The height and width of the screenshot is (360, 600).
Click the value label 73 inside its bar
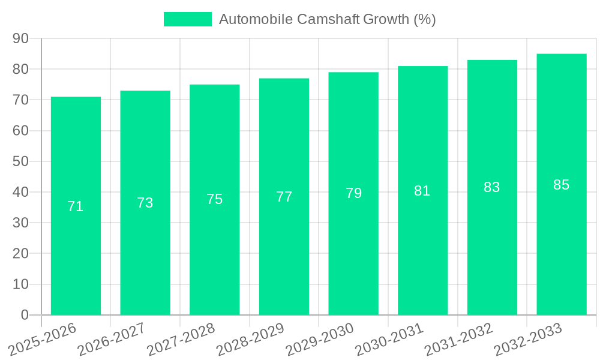tap(145, 203)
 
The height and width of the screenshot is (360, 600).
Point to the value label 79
tap(353, 193)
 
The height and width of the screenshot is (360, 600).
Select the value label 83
tap(492, 187)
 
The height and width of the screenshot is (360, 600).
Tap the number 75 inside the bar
tap(215, 199)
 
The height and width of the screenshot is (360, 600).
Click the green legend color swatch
tap(187, 19)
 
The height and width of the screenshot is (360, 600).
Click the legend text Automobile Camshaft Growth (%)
tap(327, 19)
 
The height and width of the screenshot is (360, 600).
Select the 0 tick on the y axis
tap(25, 315)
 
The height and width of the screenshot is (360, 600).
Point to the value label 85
tap(561, 185)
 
